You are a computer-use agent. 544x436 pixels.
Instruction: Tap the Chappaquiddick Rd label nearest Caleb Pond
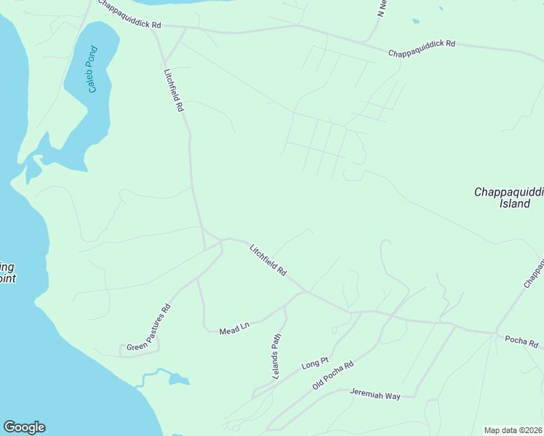129,24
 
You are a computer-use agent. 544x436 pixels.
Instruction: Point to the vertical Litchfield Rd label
173,90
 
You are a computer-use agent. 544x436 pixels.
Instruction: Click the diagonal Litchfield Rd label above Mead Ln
268,259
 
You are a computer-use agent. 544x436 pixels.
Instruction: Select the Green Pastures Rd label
148,326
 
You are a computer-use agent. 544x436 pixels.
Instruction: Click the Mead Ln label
234,328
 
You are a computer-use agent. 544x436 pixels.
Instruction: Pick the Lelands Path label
276,355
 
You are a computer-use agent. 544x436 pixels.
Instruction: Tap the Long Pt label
315,362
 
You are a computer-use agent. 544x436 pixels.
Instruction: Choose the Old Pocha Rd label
332,375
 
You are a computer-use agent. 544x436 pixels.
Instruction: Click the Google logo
24,427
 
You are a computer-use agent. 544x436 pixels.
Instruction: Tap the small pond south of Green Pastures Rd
178,379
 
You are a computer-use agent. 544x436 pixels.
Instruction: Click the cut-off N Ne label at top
380,9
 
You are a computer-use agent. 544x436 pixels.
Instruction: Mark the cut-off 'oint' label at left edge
7,278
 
